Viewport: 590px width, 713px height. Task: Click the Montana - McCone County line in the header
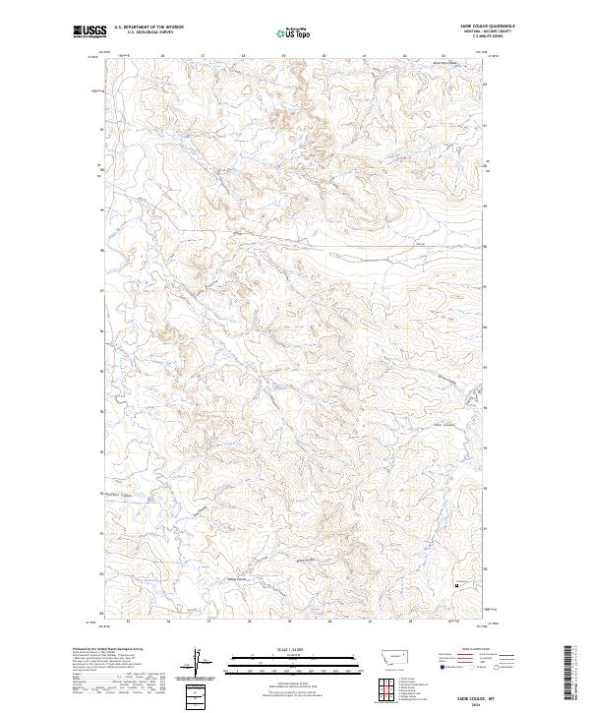coord(493,32)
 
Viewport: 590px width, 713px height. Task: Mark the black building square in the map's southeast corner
coord(455,587)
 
